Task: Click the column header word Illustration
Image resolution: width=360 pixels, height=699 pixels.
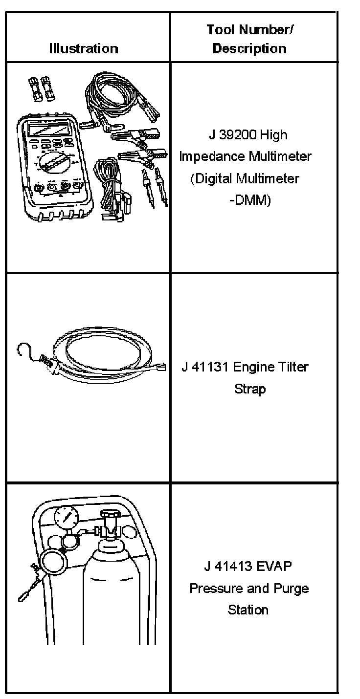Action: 84,48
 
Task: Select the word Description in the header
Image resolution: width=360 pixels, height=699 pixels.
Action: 249,48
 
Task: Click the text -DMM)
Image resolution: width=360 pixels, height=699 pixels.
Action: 249,200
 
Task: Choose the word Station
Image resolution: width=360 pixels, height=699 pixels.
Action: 248,610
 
